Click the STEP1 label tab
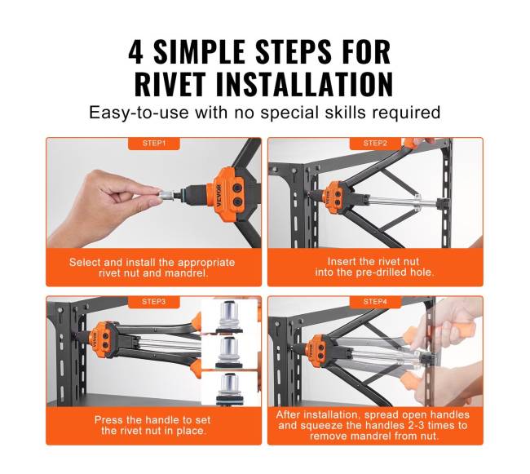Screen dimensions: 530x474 [154, 144]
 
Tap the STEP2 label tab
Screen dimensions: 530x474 [375, 144]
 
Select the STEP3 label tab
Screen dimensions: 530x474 [154, 302]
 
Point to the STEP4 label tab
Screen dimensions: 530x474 [375, 302]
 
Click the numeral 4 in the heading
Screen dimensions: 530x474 [135, 51]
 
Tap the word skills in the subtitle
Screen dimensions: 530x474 [345, 113]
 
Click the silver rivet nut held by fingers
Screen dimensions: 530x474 [166, 196]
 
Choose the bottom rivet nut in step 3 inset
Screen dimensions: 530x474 [229, 389]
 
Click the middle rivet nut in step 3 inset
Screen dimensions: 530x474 [229, 353]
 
